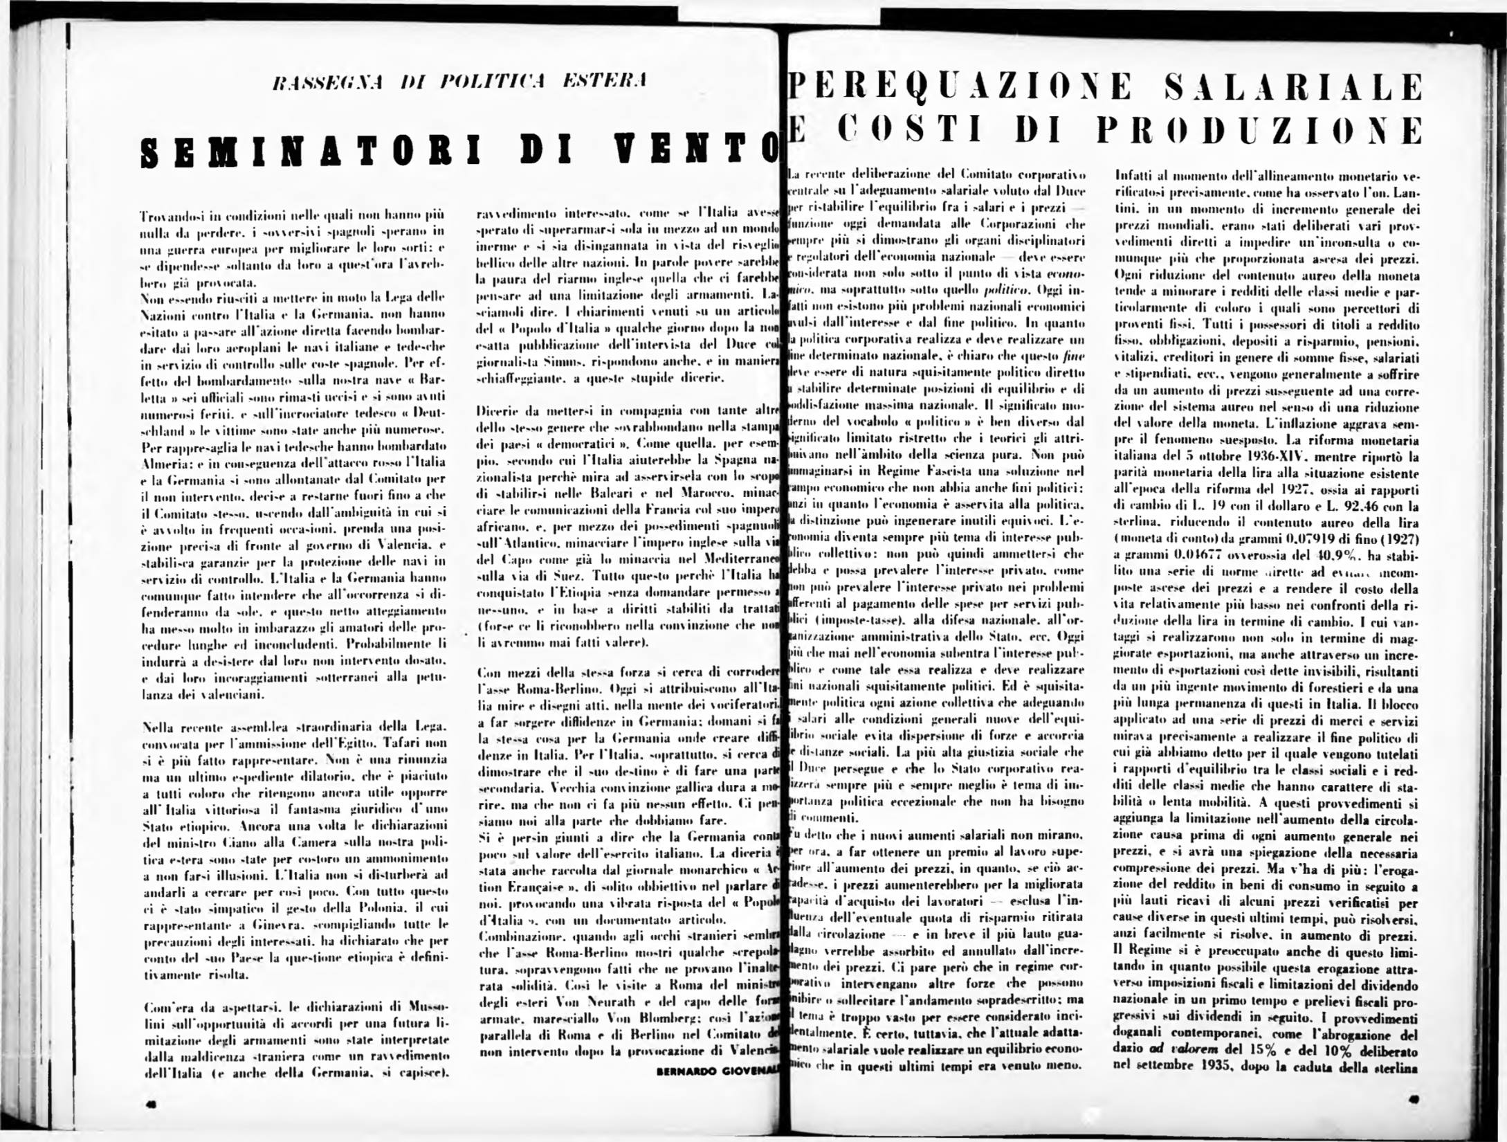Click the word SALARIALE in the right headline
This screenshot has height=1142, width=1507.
(1293, 88)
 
